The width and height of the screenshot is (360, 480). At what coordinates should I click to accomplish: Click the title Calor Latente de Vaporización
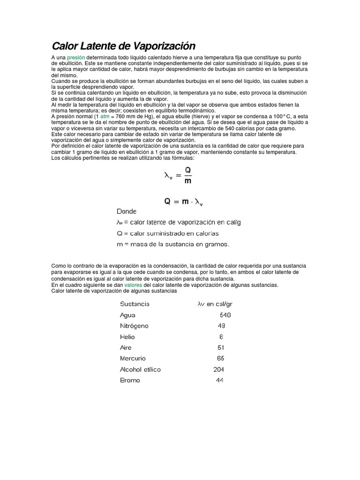123,46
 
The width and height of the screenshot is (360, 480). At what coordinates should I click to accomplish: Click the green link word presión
75,57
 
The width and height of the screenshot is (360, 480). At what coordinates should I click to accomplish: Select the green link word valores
134,285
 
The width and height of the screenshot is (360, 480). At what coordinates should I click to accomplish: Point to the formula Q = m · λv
183,202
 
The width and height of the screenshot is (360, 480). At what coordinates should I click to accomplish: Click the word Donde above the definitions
126,211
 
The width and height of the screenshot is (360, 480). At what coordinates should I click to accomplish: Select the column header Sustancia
135,304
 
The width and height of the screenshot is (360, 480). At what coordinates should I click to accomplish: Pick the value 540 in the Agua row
225,315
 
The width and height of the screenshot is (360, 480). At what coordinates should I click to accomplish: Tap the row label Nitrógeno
135,326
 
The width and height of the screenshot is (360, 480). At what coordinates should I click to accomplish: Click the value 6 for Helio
221,337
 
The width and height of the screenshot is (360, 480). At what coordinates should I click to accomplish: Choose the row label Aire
126,348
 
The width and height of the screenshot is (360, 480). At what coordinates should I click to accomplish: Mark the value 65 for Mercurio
221,359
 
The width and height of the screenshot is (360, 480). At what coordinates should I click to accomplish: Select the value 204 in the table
218,369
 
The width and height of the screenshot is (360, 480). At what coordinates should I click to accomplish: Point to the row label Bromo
130,380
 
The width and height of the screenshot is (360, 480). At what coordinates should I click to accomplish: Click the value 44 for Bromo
219,380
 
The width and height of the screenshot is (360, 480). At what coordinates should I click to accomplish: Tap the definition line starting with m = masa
173,244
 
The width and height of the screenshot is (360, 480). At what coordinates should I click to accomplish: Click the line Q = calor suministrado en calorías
167,233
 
